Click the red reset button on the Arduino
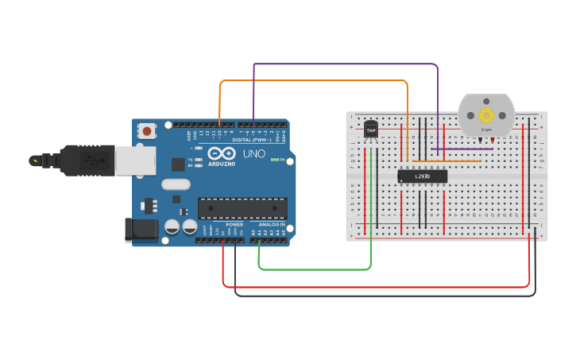pos(147,130)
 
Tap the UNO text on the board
pos(254,153)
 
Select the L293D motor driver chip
pos(423,176)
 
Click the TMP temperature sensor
pos(371,129)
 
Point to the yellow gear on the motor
pos(486,114)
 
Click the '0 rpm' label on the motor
pos(486,129)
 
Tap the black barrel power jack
pos(140,230)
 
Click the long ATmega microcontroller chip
pos(242,208)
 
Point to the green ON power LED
pos(273,160)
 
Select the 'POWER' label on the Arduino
pos(234,225)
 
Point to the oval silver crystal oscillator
pos(176,184)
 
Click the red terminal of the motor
pos(493,141)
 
